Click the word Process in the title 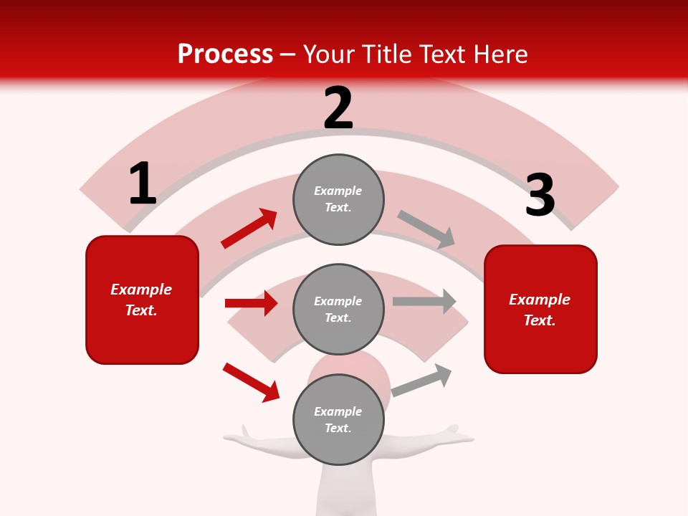point(225,54)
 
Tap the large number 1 point(142,183)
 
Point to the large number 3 point(540,195)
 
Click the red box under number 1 point(142,300)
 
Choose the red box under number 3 point(540,309)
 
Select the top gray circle point(338,199)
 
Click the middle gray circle point(338,309)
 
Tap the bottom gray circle point(338,419)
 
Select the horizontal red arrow point(251,303)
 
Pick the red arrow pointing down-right point(251,382)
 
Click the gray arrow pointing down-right point(426,229)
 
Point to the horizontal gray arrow point(424,301)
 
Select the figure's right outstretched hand point(453,433)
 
